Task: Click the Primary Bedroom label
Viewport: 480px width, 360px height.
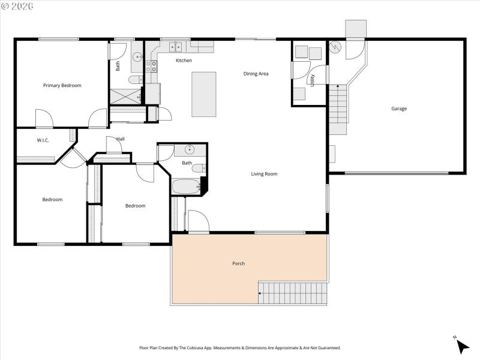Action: pos(62,85)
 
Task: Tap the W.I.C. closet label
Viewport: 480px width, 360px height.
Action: pos(43,140)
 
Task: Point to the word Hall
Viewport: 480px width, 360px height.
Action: pos(121,139)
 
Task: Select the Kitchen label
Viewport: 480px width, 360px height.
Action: pos(184,61)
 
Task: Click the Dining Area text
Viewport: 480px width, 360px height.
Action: pos(256,74)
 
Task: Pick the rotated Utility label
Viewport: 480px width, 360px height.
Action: pos(313,79)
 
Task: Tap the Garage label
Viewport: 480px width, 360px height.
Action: pos(399,109)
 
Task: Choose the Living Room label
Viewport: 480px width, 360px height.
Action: pos(264,174)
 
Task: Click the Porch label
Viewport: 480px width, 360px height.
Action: pos(238,263)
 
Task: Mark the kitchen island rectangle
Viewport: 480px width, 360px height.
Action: pos(204,94)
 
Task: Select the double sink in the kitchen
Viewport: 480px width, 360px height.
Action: pos(176,46)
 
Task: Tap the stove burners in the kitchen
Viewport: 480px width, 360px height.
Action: pos(152,66)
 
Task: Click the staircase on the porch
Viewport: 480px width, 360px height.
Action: pos(293,293)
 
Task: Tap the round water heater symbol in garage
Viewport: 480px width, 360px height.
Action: pos(335,46)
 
